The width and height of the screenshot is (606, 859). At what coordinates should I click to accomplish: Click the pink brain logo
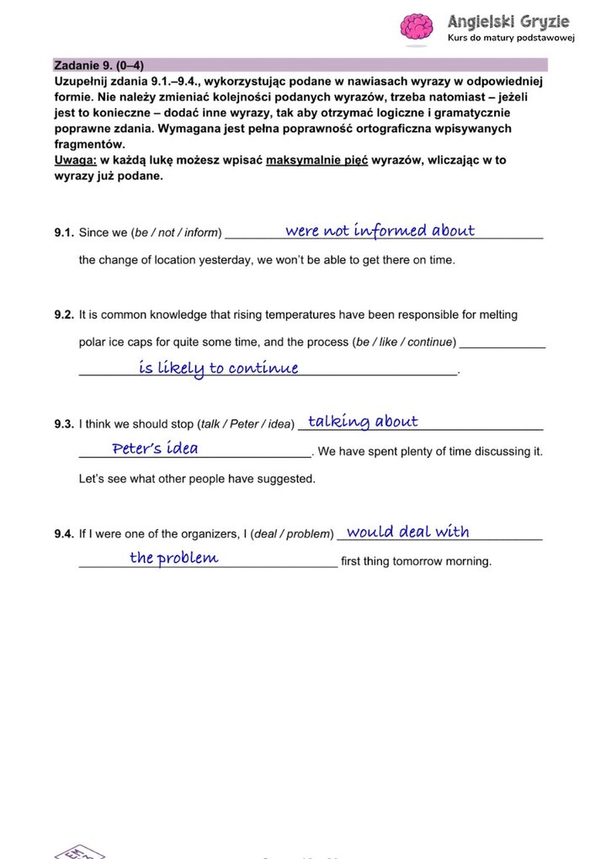tap(416, 26)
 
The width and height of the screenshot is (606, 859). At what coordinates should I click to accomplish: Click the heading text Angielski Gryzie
tap(508, 21)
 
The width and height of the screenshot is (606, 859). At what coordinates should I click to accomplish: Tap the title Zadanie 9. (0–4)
tap(104, 65)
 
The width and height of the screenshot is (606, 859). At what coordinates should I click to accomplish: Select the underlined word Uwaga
tap(74, 160)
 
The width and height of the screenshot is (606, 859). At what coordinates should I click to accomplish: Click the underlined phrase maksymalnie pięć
tap(317, 160)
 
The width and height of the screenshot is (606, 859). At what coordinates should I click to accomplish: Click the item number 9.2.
tap(64, 315)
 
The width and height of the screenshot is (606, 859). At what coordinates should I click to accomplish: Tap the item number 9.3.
tap(64, 425)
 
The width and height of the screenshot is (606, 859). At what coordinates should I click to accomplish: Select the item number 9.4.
tap(64, 534)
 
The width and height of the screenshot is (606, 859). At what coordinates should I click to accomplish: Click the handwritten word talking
tap(339, 422)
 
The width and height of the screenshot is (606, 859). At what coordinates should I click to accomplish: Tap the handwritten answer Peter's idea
tap(156, 448)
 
